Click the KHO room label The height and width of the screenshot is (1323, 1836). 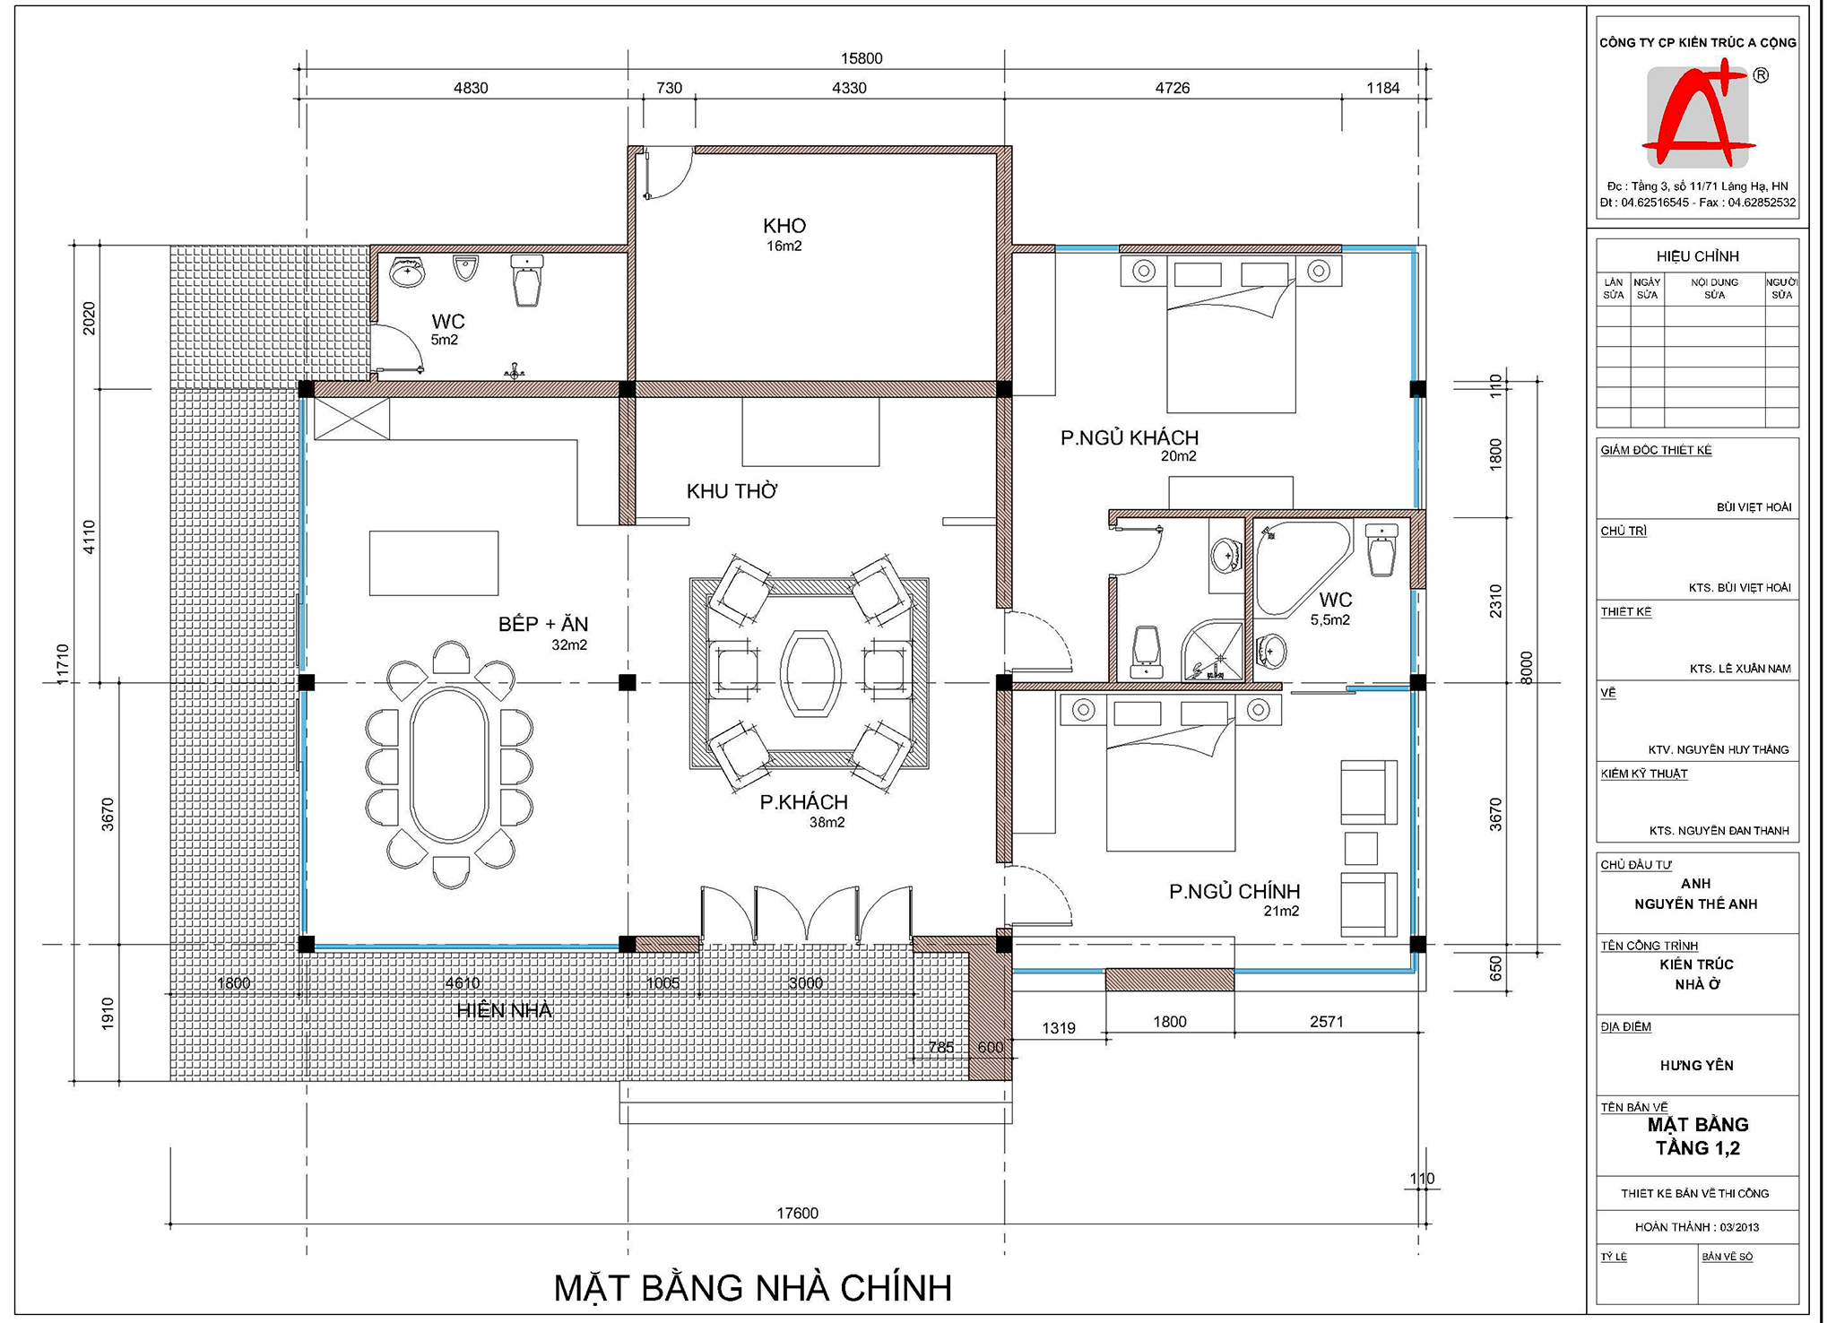tap(784, 226)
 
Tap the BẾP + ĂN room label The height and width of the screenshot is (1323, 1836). tap(543, 624)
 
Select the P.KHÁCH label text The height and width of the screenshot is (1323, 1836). tap(803, 802)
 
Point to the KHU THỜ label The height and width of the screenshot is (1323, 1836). tap(732, 491)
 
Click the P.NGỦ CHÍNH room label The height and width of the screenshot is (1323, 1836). tap(1234, 892)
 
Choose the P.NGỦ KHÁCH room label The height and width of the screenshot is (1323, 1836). tap(1130, 438)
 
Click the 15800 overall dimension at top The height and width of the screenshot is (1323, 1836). tap(862, 58)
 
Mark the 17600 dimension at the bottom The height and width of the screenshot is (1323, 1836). tap(797, 1214)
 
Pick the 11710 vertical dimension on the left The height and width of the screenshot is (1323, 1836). tap(63, 664)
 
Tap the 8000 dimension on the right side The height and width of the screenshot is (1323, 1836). tap(1527, 668)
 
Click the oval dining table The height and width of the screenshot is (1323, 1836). tap(449, 765)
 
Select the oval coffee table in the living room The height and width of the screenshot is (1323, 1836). tap(810, 673)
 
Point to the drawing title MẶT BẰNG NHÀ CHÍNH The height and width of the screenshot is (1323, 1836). tap(753, 1288)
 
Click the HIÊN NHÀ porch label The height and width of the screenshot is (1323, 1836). tap(504, 1011)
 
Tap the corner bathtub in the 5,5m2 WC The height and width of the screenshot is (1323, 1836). tap(1300, 566)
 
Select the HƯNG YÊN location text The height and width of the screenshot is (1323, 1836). tap(1696, 1066)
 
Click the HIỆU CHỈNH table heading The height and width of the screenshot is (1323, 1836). tap(1697, 256)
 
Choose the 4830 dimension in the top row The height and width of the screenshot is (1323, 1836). tap(471, 88)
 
